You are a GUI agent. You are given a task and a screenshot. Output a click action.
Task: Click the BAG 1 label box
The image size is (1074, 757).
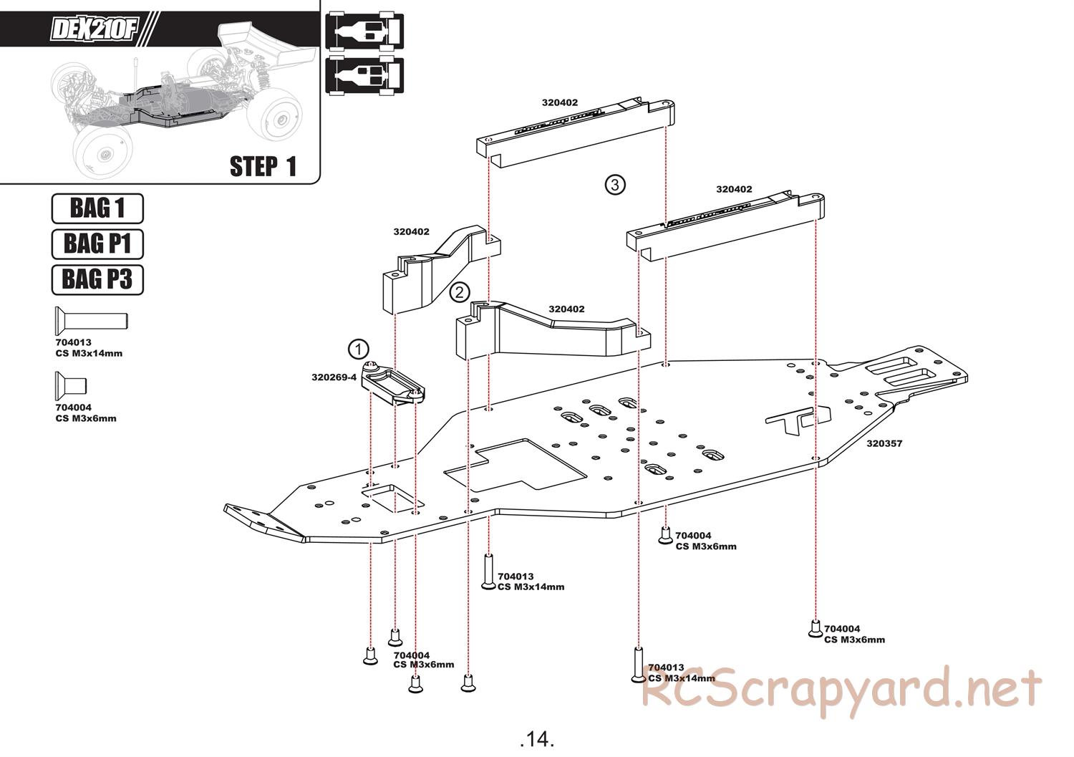[97, 208]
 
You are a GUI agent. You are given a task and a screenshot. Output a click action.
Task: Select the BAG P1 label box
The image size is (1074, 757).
[97, 244]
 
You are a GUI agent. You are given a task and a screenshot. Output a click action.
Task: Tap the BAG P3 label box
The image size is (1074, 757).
[97, 279]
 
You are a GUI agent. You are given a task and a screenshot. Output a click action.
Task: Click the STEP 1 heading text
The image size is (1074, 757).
[263, 166]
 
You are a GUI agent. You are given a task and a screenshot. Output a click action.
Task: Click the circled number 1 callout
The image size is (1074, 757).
[358, 349]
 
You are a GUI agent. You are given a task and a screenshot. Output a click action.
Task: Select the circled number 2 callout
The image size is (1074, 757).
[460, 292]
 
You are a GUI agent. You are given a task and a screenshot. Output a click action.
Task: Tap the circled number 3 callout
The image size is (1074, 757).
[614, 185]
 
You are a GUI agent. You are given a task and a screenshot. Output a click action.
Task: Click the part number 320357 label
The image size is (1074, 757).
[884, 443]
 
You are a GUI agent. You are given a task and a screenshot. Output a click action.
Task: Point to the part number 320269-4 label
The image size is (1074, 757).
[334, 377]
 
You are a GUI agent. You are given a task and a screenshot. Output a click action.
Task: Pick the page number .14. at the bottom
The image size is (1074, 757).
[537, 738]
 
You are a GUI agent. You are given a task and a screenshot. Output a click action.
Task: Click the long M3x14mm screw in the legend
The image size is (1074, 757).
[90, 319]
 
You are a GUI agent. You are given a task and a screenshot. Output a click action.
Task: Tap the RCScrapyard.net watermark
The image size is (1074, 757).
[841, 688]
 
